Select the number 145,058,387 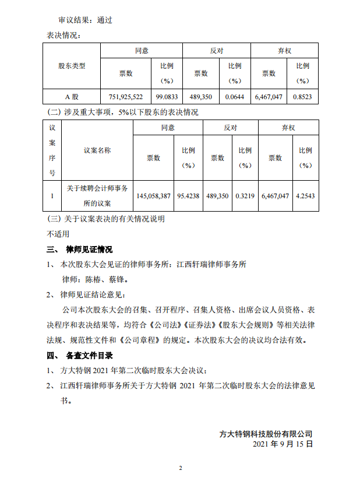coord(153,196)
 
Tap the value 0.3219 coord(245,196)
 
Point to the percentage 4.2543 coord(305,196)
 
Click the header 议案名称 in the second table coord(97,150)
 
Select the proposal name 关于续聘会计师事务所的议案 coord(97,196)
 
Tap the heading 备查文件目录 coord(90,355)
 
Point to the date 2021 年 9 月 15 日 coord(284,444)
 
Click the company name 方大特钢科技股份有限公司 coord(266,434)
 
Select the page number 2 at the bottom coord(181,468)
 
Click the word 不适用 coord(58,234)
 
